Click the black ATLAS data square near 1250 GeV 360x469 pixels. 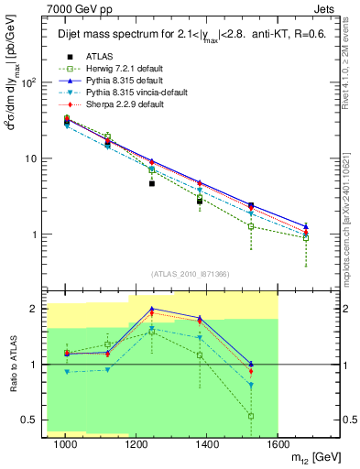pos(152,183)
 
